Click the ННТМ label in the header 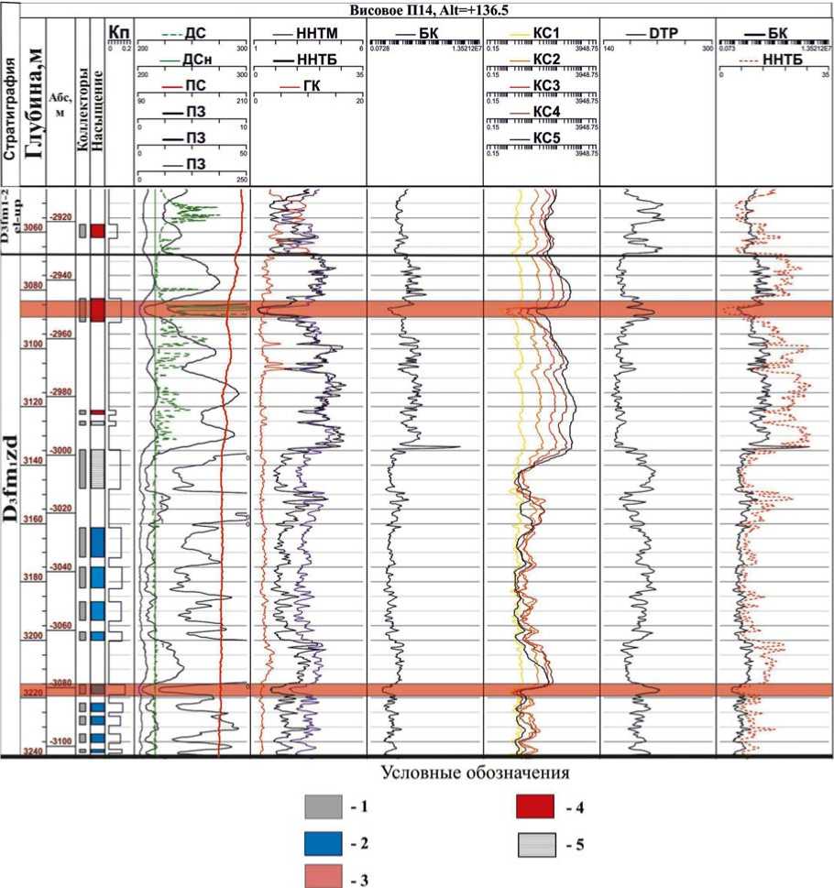point(317,33)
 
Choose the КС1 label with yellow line point(546,33)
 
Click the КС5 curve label point(546,138)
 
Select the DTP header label point(662,33)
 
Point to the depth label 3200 point(32,635)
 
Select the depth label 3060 point(32,227)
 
